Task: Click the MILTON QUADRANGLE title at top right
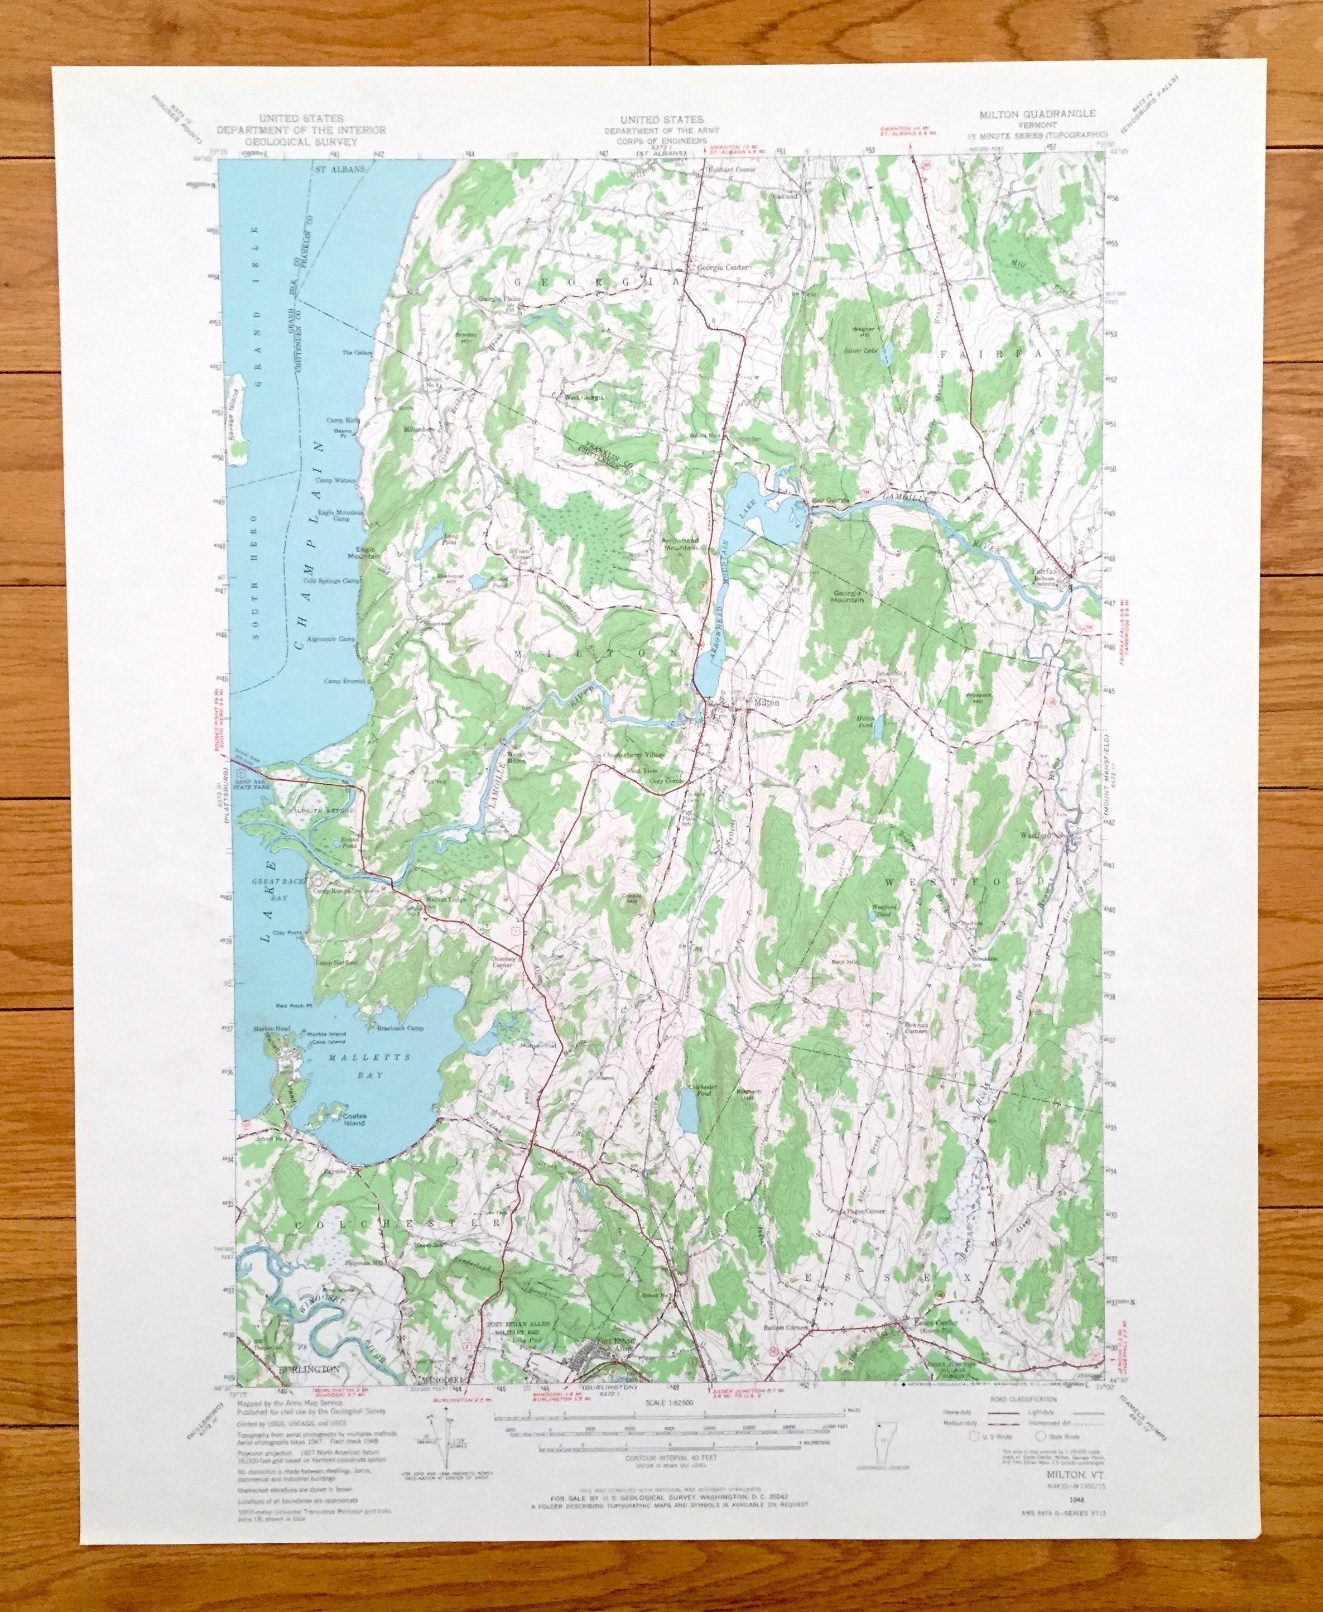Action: point(1031,113)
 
